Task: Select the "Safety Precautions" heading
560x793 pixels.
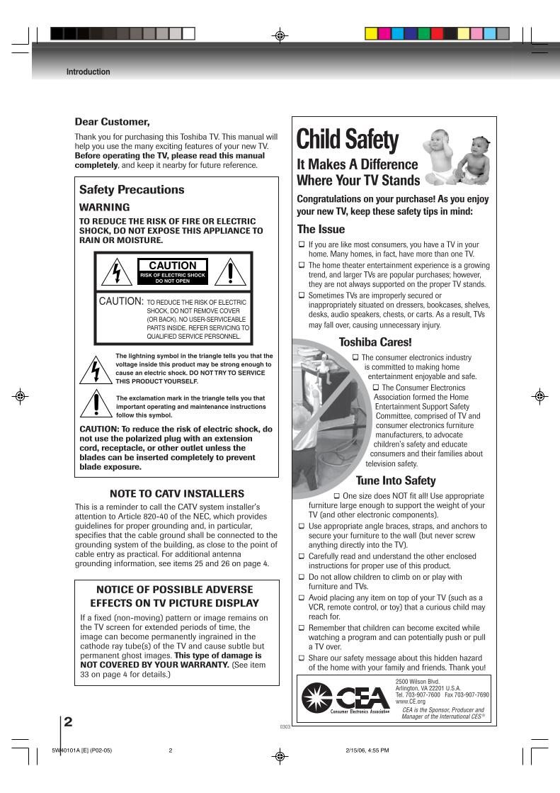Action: (x=131, y=190)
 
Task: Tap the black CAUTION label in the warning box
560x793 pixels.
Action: (x=173, y=266)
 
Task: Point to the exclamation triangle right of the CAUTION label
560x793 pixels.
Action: (x=230, y=271)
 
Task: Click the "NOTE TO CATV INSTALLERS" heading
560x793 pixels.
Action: (x=177, y=493)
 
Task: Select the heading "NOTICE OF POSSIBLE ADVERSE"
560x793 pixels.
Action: (x=174, y=590)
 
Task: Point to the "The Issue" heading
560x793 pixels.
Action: (x=321, y=229)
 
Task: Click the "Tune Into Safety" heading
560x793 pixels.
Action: (x=395, y=480)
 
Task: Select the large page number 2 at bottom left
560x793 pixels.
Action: (x=68, y=723)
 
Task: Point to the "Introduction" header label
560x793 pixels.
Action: (x=88, y=72)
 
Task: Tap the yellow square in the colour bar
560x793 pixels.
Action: (x=370, y=33)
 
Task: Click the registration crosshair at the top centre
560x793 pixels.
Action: (x=280, y=35)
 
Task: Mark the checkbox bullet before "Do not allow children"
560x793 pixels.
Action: (x=302, y=577)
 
